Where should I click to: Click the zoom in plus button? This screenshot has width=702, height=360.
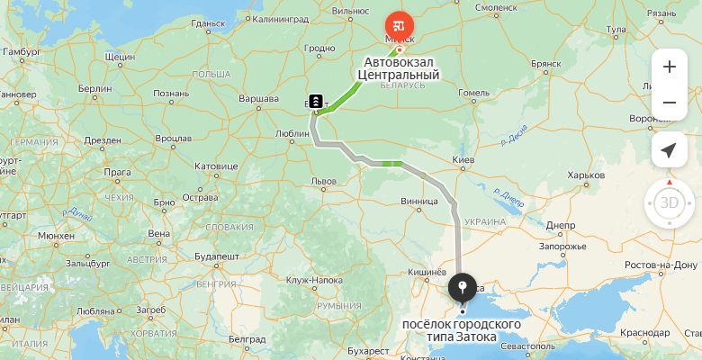pyautogui.click(x=669, y=67)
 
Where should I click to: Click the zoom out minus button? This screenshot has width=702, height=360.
pyautogui.click(x=669, y=103)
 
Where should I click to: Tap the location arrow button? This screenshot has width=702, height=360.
pyautogui.click(x=669, y=150)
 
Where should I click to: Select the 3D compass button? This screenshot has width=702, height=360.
pyautogui.click(x=669, y=202)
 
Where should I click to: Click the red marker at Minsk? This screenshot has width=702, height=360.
pyautogui.click(x=398, y=25)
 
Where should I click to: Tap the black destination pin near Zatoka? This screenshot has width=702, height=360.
pyautogui.click(x=463, y=288)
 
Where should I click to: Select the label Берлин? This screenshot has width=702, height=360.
pyautogui.click(x=94, y=90)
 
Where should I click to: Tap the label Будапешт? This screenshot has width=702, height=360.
pyautogui.click(x=216, y=256)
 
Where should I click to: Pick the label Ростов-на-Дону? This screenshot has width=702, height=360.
pyautogui.click(x=661, y=265)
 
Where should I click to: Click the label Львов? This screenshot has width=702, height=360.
pyautogui.click(x=323, y=181)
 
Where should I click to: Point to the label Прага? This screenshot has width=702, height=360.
pyautogui.click(x=117, y=171)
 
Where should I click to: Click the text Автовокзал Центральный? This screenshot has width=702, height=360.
pyautogui.click(x=401, y=69)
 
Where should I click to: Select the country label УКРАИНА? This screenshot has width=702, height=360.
pyautogui.click(x=485, y=221)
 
